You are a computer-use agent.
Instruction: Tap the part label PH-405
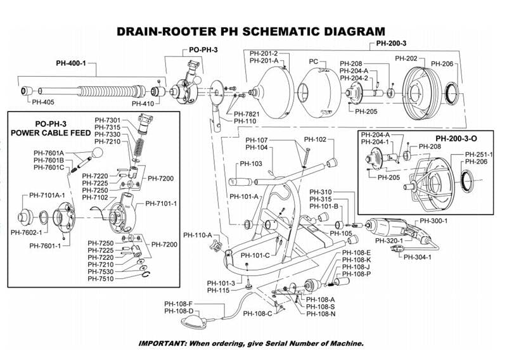[x=43, y=101]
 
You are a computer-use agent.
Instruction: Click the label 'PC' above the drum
[x=313, y=61]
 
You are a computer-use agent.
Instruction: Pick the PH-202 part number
[x=406, y=59]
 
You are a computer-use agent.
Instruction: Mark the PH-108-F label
[x=178, y=304]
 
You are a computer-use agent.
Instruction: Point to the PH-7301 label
[x=108, y=119]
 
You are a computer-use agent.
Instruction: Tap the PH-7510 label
[x=101, y=279]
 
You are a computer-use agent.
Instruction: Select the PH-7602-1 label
[x=27, y=233]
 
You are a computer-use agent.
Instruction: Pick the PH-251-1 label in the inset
[x=479, y=154]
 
